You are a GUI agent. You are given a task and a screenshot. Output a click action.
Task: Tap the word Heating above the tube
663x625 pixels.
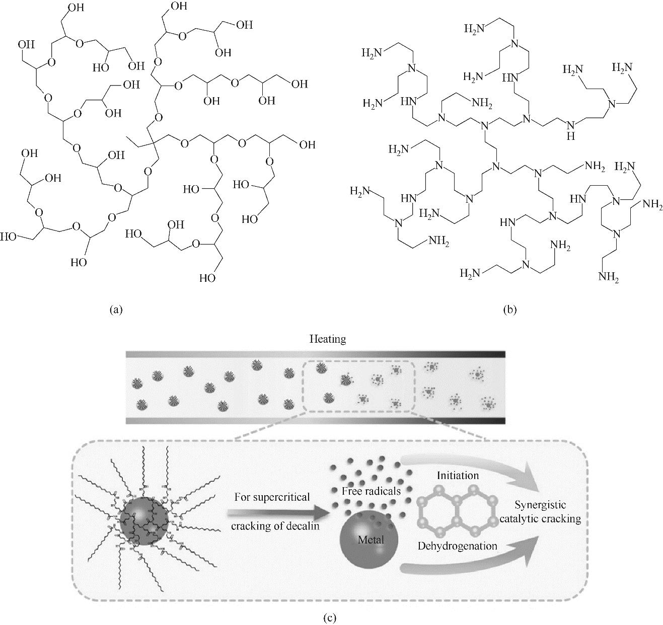(328, 339)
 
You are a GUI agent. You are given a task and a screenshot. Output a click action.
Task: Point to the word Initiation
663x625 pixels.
(458, 475)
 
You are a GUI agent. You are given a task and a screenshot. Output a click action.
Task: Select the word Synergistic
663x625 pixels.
(548, 505)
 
